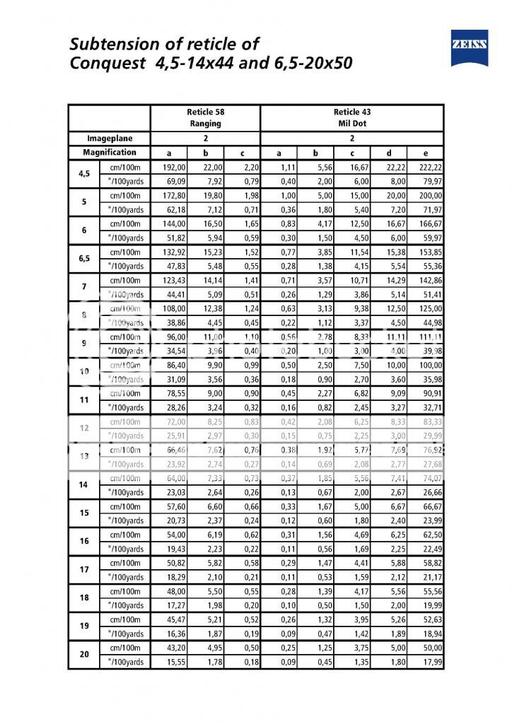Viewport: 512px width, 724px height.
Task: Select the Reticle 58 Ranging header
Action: pyautogui.click(x=205, y=117)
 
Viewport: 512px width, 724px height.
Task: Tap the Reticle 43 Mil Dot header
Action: pyautogui.click(x=351, y=117)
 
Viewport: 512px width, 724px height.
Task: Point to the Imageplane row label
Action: pyautogui.click(x=109, y=139)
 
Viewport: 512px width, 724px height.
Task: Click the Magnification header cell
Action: pyautogui.click(x=109, y=153)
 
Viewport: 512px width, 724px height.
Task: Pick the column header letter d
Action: pyautogui.click(x=388, y=153)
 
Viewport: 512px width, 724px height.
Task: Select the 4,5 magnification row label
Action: pyautogui.click(x=84, y=174)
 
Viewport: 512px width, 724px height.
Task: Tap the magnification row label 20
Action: pyautogui.click(x=84, y=655)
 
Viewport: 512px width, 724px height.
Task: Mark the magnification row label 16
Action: pyautogui.click(x=84, y=542)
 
